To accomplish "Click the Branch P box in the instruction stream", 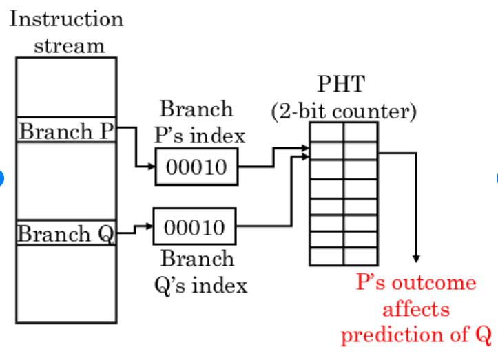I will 66,131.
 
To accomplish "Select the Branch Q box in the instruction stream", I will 66,233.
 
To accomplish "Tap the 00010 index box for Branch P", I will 196,167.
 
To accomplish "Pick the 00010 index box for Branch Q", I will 195,227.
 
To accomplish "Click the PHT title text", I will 342,85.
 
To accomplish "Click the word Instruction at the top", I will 66,19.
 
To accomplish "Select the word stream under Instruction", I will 69,45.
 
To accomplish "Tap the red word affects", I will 416,309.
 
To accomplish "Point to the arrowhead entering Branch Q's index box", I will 149,226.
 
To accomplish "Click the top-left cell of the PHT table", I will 326,131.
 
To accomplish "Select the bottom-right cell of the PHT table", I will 360,257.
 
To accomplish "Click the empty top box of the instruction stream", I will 66,87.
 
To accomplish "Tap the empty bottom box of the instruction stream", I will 66,283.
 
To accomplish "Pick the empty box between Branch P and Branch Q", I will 66,182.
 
